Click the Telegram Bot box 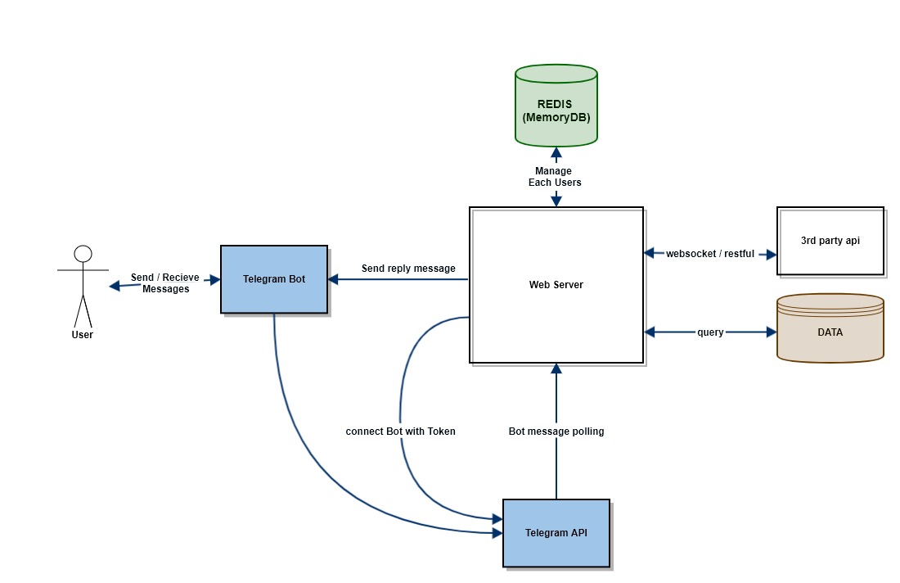pyautogui.click(x=274, y=279)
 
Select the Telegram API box pyautogui.click(x=556, y=533)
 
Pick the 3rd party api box pyautogui.click(x=830, y=241)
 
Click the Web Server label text pyautogui.click(x=556, y=285)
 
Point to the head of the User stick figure pyautogui.click(x=83, y=253)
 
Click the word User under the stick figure pyautogui.click(x=82, y=334)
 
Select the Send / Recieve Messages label pyautogui.click(x=165, y=283)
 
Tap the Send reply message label pyautogui.click(x=408, y=269)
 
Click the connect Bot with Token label pyautogui.click(x=400, y=431)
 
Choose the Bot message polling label pyautogui.click(x=556, y=431)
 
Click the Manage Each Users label pyautogui.click(x=555, y=177)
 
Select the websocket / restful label pyautogui.click(x=709, y=254)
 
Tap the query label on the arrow pyautogui.click(x=709, y=332)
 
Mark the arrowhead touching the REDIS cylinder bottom pyautogui.click(x=556, y=151)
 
